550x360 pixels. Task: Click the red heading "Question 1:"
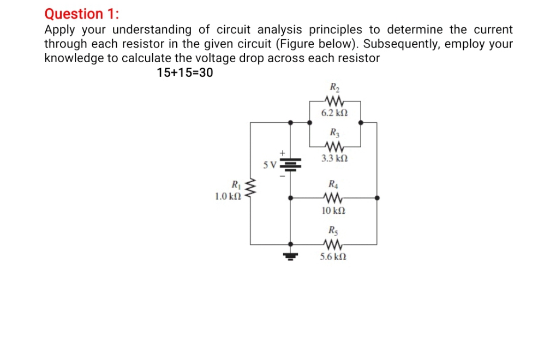[82, 13]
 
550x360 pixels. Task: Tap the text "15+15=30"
[184, 73]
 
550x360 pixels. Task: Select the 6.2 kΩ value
[334, 113]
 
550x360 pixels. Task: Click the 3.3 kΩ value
[334, 159]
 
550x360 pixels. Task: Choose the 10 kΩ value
[333, 211]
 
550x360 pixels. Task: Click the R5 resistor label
[333, 230]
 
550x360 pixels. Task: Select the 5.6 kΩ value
[334, 256]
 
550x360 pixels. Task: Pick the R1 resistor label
[236, 184]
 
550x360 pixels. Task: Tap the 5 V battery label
[269, 163]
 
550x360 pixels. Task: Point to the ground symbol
[291, 255]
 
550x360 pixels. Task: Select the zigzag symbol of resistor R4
[333, 198]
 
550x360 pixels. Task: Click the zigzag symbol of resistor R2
[334, 100]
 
